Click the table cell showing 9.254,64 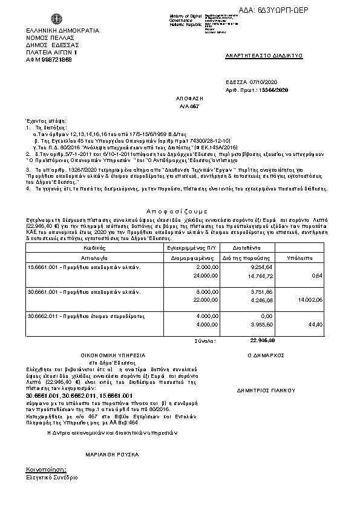(x=261, y=267)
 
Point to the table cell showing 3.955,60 (x=261, y=325)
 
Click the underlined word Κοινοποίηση (x=46, y=469)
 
